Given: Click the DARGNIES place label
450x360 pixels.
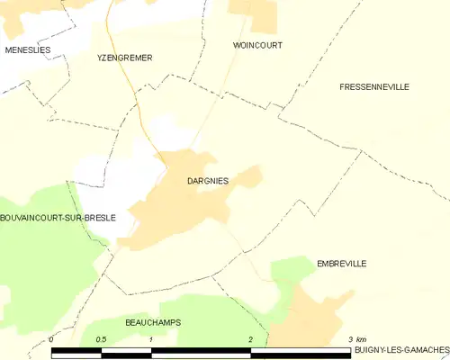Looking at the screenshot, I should click(x=207, y=181).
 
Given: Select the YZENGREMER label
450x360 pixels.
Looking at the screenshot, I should click(x=124, y=58).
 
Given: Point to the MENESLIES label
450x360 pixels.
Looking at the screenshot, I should click(x=27, y=49).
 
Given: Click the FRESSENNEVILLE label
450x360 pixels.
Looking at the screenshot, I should click(x=374, y=86).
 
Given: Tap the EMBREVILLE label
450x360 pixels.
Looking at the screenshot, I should click(x=341, y=264).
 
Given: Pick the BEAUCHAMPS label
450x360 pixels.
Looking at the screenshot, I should click(x=153, y=322).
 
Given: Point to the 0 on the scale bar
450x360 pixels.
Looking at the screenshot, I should click(x=51, y=339).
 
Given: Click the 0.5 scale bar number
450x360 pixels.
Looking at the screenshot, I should click(x=102, y=339).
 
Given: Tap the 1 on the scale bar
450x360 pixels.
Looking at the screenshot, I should click(x=151, y=339).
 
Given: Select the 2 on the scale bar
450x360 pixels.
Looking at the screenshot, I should click(x=251, y=339).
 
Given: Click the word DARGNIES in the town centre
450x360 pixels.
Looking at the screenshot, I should click(x=207, y=181).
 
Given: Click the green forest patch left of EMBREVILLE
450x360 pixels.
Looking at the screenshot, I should click(x=290, y=270).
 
